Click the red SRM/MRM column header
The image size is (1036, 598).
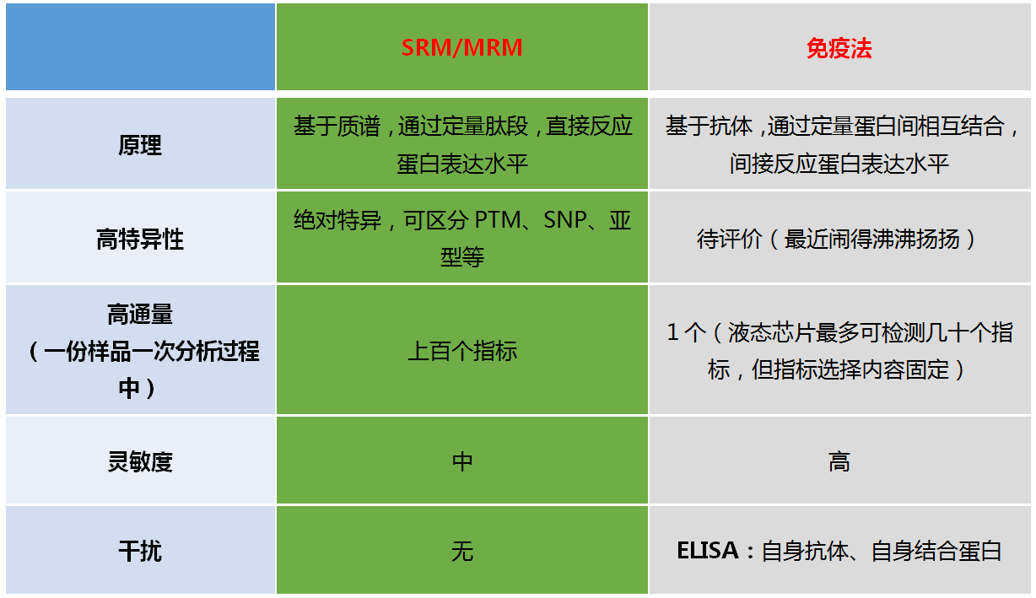(x=461, y=47)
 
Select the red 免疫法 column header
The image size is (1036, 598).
(x=839, y=48)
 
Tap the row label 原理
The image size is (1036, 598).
(x=140, y=145)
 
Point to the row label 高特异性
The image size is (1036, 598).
(x=140, y=239)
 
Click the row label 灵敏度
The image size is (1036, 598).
(x=140, y=461)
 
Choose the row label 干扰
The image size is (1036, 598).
(x=140, y=552)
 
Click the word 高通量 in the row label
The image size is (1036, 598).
(x=140, y=314)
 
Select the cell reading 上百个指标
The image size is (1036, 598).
(x=462, y=351)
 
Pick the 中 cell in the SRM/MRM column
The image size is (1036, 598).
(x=462, y=461)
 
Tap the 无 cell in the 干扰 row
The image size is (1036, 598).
(x=462, y=552)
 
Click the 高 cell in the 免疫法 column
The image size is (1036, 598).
(x=839, y=461)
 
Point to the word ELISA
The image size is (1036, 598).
(x=707, y=551)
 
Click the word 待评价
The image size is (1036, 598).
(x=730, y=239)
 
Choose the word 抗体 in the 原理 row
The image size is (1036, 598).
(x=731, y=126)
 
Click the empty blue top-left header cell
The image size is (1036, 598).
(x=140, y=46)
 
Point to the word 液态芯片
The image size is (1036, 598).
(x=771, y=332)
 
